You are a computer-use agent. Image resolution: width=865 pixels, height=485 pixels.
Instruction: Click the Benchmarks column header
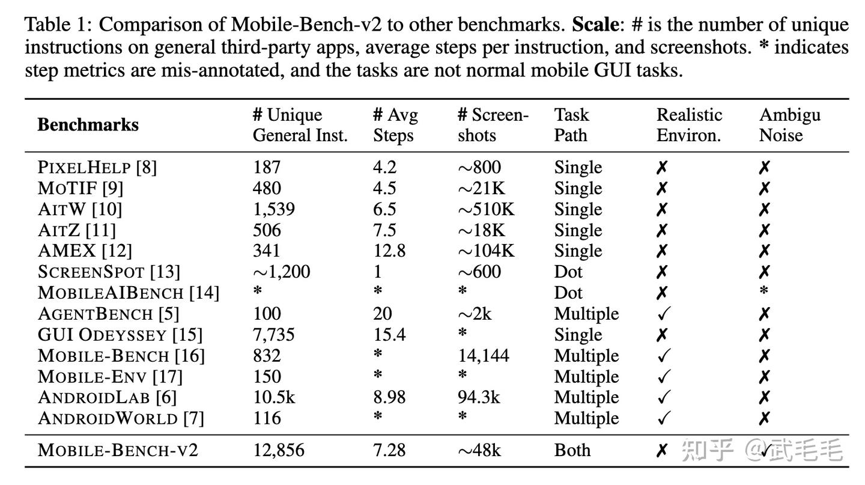[88, 125]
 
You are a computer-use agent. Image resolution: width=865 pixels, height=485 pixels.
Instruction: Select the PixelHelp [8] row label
[97, 167]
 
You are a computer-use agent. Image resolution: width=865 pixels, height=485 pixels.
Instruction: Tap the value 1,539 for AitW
[273, 209]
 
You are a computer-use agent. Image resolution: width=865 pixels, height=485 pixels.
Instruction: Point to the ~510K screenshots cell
[486, 209]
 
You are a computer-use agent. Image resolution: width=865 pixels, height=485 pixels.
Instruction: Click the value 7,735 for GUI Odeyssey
[273, 334]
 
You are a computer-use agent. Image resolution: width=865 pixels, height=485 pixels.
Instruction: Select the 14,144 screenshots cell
[483, 355]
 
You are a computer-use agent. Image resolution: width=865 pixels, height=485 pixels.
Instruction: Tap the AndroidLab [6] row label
[107, 397]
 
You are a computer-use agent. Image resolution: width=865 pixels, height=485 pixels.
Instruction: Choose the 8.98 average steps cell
[389, 397]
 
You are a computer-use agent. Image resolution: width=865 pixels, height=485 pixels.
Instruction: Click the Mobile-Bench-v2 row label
[118, 450]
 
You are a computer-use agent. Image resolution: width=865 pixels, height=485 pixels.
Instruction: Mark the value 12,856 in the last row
[278, 450]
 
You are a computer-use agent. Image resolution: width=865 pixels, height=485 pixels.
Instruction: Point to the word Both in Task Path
[572, 450]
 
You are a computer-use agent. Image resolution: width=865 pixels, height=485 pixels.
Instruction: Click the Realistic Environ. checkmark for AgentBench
[663, 314]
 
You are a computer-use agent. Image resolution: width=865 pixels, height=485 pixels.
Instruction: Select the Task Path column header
[571, 125]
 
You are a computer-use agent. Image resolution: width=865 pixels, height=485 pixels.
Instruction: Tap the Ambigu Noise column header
[789, 125]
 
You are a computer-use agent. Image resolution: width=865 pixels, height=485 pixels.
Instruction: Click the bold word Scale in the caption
[595, 25]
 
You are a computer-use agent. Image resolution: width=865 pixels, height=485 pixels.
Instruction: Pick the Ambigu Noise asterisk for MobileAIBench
[763, 292]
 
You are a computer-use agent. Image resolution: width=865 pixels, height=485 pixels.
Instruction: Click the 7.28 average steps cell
[389, 450]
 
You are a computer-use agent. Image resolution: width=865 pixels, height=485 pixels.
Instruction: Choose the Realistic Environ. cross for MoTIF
[661, 189]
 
